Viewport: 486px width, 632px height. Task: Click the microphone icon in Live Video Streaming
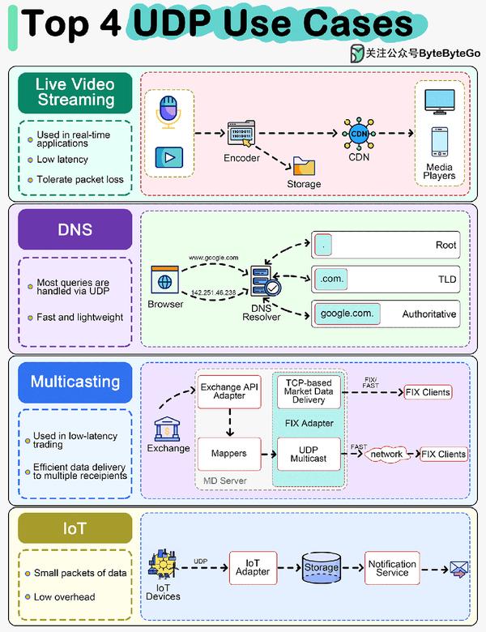tap(169, 111)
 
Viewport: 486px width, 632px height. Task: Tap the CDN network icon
tap(358, 134)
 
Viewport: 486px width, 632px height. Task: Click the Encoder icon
tap(241, 134)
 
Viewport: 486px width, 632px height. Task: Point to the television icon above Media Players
tap(440, 101)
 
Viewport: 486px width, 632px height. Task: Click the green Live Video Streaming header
tap(75, 92)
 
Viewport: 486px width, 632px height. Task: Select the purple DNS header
tap(75, 229)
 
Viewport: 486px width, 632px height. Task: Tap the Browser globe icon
tap(165, 281)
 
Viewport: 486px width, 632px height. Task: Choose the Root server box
tap(386, 244)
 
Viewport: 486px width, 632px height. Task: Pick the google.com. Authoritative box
tap(386, 314)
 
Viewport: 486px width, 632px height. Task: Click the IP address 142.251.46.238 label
tap(214, 293)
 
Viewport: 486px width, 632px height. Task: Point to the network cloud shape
tap(387, 455)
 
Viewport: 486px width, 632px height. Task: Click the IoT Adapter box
tap(252, 568)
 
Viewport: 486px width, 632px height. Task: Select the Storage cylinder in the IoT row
tap(321, 568)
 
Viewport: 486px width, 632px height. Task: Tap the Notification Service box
tap(392, 568)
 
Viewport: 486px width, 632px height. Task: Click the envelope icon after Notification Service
tap(460, 570)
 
